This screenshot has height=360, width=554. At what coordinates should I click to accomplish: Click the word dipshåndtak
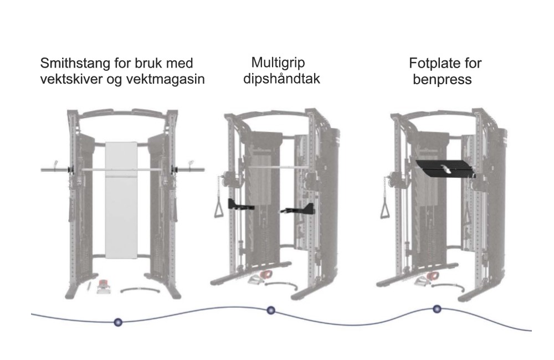coord(281,79)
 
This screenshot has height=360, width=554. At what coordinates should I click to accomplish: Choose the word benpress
coord(442,80)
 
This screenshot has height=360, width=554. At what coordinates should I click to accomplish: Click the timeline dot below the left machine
coord(117,322)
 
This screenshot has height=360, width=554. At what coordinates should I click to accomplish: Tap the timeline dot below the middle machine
coord(271,310)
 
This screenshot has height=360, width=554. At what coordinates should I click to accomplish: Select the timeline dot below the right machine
coord(437,309)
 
